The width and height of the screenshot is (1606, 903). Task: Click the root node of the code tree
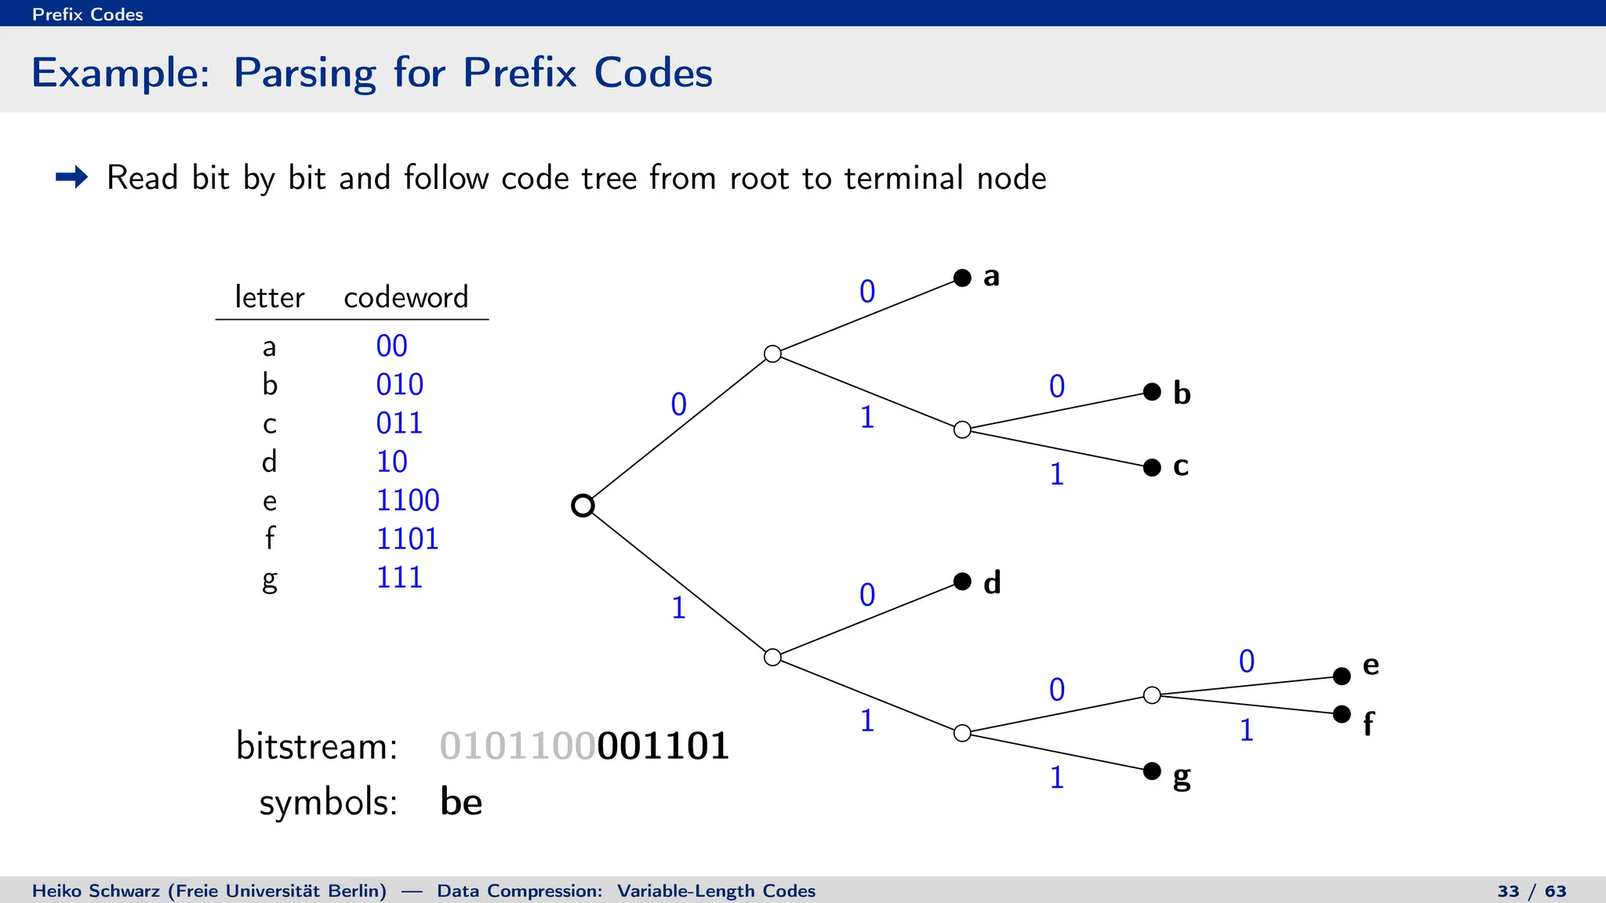[x=583, y=506]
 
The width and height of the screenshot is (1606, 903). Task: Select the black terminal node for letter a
[x=962, y=277]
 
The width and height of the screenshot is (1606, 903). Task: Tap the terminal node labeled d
[x=962, y=581]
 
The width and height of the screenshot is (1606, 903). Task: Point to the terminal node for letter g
[x=1152, y=771]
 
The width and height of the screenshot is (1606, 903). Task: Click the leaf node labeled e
[x=1342, y=676]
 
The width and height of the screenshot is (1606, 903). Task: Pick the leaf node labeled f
[x=1342, y=714]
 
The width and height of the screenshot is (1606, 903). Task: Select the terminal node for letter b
[x=1152, y=392]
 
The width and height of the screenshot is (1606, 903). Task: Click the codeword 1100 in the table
[x=408, y=500]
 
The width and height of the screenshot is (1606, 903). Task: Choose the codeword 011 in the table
[x=399, y=423]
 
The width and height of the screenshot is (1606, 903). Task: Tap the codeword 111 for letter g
[x=399, y=578]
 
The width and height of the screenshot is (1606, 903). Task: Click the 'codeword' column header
[x=405, y=297]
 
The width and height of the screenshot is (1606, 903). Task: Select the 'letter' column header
[x=269, y=297]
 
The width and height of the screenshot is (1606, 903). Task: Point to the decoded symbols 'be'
[x=461, y=801]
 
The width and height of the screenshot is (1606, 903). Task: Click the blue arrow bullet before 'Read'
[x=71, y=177]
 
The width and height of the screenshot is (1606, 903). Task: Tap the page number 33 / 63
[x=1532, y=891]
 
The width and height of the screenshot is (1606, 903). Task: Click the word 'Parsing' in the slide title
[x=305, y=74]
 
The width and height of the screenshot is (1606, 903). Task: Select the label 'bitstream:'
[x=317, y=745]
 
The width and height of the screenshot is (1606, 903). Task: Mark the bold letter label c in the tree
[x=1181, y=466]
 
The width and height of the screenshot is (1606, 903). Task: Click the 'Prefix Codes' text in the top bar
[x=88, y=14]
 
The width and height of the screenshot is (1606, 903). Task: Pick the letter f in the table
[x=270, y=539]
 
